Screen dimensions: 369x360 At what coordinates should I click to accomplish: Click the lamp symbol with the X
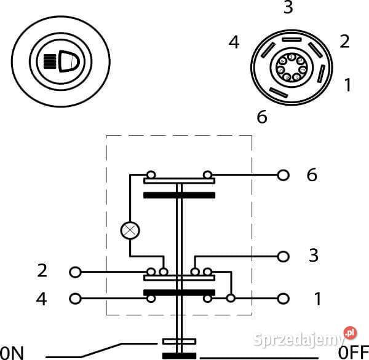coord(130,230)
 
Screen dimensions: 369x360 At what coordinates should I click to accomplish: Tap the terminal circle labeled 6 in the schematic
coord(283,175)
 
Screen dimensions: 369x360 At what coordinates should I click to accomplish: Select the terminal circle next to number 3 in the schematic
coord(283,257)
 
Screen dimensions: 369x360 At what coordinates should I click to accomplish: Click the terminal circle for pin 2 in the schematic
coord(75,272)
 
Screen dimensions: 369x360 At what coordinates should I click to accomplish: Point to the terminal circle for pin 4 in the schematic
coord(75,299)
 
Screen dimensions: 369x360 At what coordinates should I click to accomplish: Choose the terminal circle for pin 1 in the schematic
coord(283,299)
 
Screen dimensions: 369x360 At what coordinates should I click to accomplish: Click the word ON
coord(12,353)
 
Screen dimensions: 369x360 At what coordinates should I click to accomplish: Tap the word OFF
coord(354,353)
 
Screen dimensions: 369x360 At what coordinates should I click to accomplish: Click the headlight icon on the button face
coord(61,61)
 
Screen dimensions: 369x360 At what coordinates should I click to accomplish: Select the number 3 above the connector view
coord(288,7)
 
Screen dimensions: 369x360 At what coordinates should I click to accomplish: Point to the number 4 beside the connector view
coord(234,42)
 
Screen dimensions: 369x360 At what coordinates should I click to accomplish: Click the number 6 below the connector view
coord(262,117)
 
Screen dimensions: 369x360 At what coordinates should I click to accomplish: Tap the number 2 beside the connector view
coord(344,41)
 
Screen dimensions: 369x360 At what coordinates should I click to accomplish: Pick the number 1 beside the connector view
coord(348,85)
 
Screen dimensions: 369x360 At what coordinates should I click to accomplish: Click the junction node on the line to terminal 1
coord(231,298)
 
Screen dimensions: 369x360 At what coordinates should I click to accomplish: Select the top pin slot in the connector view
coord(292,39)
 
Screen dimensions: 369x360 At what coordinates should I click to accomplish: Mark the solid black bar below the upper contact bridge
coord(180,195)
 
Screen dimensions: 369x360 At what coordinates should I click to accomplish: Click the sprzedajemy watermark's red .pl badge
coord(350,333)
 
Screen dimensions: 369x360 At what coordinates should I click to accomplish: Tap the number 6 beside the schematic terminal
coord(312,175)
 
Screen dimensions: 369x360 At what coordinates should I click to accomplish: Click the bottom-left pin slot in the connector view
coord(279,92)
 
